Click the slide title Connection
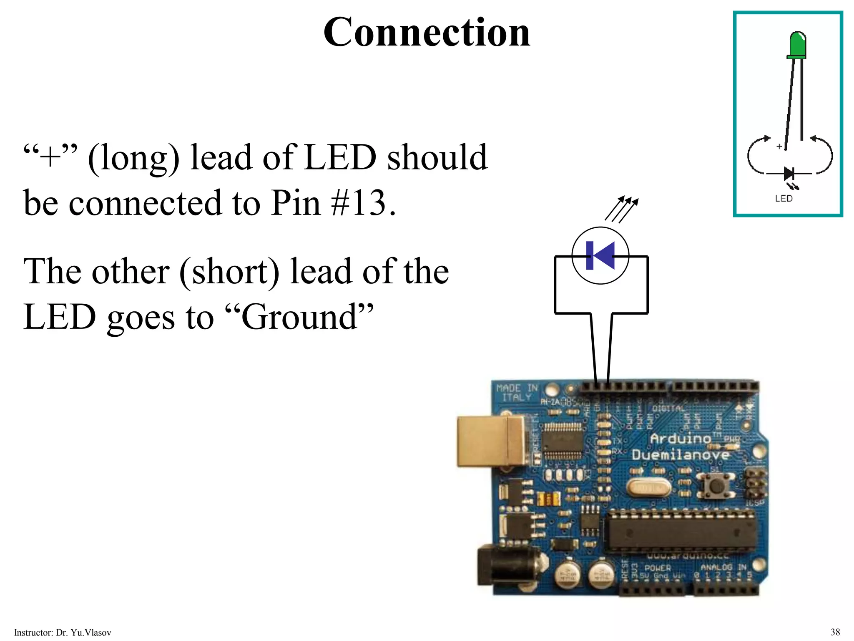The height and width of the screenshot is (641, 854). tap(427, 33)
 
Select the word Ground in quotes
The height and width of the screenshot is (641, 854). tap(299, 317)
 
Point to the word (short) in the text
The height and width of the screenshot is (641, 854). tap(229, 272)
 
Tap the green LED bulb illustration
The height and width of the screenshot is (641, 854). tap(797, 45)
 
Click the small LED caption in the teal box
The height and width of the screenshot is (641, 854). tap(784, 199)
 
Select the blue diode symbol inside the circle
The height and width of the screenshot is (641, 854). tap(600, 255)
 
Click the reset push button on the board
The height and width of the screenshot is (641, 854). tap(716, 486)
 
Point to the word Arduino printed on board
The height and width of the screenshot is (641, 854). tap(681, 438)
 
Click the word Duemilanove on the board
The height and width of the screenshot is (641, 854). tap(681, 454)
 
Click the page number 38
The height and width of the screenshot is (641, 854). tap(835, 632)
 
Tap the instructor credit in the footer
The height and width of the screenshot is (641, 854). tap(63, 633)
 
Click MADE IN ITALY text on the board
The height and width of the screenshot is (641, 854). tap(517, 393)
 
